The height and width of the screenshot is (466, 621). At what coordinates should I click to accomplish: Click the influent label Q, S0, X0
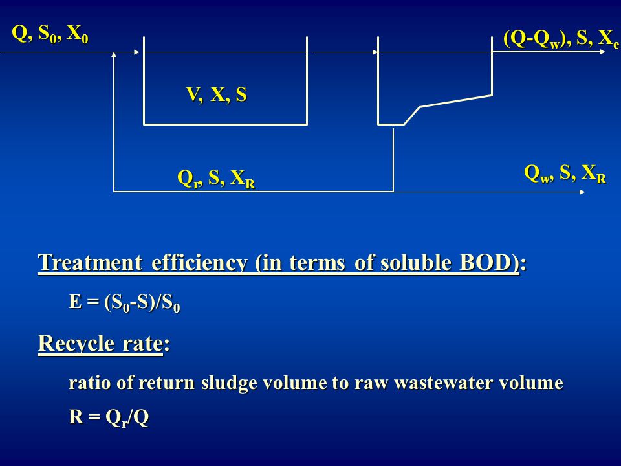[x=50, y=34]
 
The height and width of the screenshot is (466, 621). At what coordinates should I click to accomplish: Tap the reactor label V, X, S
[x=216, y=94]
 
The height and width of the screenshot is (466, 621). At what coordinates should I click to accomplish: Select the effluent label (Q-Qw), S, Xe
[x=561, y=39]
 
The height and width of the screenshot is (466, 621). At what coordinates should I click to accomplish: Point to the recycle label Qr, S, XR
[x=216, y=179]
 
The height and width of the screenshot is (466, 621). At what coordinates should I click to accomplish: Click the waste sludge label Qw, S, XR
[x=565, y=173]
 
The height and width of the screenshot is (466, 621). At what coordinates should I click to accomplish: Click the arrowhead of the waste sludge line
[x=582, y=192]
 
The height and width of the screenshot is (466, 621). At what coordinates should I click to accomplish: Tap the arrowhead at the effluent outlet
[x=603, y=52]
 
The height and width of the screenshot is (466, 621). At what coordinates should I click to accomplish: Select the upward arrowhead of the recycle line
[x=114, y=54]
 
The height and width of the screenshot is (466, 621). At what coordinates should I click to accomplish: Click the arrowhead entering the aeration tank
[x=136, y=52]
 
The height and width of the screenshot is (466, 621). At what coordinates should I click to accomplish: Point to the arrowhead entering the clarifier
[x=375, y=52]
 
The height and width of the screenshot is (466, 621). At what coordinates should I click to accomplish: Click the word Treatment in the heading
[x=90, y=262]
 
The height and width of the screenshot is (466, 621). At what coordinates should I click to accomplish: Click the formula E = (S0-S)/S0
[x=124, y=303]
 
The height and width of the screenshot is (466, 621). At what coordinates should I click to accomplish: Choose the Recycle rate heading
[x=103, y=343]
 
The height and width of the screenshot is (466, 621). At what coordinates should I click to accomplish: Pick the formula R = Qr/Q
[x=109, y=417]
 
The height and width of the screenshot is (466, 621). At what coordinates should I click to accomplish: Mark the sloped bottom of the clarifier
[x=456, y=101]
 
